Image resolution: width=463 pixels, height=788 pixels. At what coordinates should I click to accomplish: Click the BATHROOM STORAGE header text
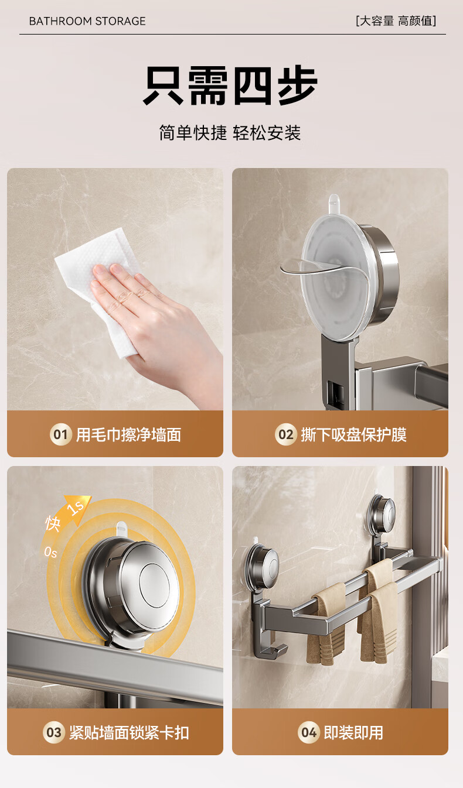tap(87, 21)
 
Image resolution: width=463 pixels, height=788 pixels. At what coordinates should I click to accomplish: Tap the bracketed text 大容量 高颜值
tap(396, 20)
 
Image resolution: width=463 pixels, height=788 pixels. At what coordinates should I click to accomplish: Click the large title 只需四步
tap(231, 85)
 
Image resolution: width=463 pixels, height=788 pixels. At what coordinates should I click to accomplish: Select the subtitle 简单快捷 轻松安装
tap(230, 133)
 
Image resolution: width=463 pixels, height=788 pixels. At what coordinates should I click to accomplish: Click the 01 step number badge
tap(60, 435)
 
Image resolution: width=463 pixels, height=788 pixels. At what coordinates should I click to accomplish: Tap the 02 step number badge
tap(285, 435)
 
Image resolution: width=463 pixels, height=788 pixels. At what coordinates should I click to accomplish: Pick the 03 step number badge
tap(53, 733)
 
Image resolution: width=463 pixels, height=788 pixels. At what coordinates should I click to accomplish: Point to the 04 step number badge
tap(308, 733)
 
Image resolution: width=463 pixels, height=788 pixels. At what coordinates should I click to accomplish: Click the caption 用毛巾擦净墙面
tap(128, 435)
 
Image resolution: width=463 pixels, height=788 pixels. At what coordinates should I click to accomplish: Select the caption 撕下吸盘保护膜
tap(353, 435)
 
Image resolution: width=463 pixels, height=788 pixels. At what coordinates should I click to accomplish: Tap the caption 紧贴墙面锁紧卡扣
tap(129, 733)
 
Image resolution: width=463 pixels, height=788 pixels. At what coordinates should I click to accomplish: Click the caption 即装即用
tap(353, 733)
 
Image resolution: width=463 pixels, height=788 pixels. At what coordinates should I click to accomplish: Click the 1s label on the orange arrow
tap(76, 508)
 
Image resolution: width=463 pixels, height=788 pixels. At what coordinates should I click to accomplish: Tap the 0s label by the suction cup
tap(50, 553)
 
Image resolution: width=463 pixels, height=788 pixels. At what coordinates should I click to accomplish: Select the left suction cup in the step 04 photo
tap(263, 566)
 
